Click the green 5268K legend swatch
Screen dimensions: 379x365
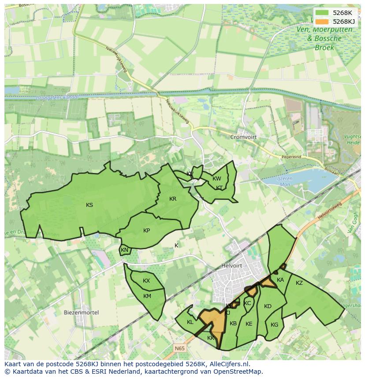322,13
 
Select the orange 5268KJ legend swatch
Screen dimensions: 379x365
322,21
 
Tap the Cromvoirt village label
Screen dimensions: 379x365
243,137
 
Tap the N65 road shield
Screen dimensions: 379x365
179,348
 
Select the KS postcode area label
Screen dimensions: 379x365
89,205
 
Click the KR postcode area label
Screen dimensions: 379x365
173,199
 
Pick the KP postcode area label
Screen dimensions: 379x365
147,230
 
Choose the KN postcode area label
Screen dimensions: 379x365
124,250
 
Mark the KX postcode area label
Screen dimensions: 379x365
146,281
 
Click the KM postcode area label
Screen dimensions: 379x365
147,296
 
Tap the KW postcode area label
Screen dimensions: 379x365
217,179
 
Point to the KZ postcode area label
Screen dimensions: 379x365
299,283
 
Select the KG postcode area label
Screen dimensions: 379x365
275,325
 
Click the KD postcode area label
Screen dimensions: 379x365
268,306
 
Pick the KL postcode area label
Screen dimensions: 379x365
190,322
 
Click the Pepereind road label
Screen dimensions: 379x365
291,157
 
